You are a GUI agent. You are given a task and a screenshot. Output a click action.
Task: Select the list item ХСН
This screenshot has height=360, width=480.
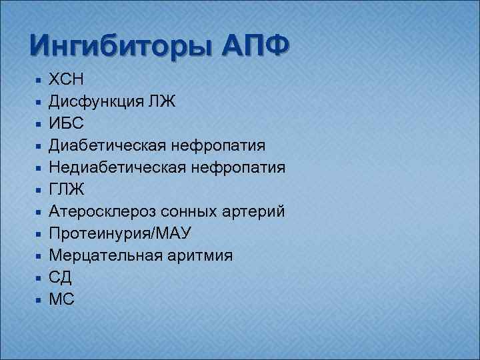click(x=66, y=79)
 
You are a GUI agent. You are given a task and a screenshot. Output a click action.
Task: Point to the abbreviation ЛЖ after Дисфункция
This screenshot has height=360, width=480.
click(x=165, y=101)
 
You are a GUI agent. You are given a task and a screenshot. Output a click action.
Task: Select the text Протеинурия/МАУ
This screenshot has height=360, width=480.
click(x=120, y=234)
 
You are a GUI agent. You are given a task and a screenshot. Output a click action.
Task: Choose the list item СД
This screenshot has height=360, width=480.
click(x=61, y=278)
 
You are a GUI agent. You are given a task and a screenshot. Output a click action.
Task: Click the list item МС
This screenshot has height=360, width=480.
click(x=62, y=300)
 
